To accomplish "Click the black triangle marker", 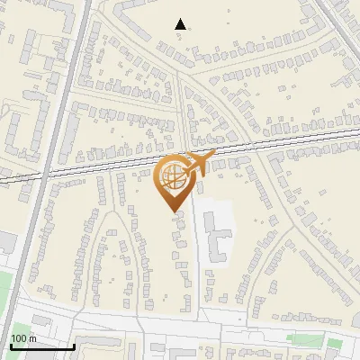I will tap(181, 24).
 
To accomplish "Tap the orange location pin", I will tap(174, 181).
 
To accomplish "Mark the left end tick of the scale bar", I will tap(10, 346).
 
